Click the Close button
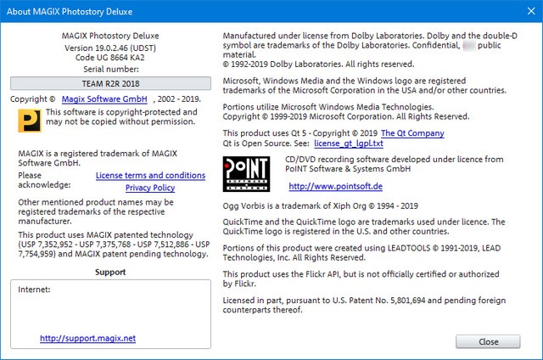(488, 341)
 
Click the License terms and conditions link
(150, 175)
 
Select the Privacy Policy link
(150, 187)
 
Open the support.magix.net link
(87, 338)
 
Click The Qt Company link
(412, 133)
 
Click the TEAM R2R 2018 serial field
(111, 83)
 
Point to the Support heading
(111, 273)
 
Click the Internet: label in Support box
(34, 290)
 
